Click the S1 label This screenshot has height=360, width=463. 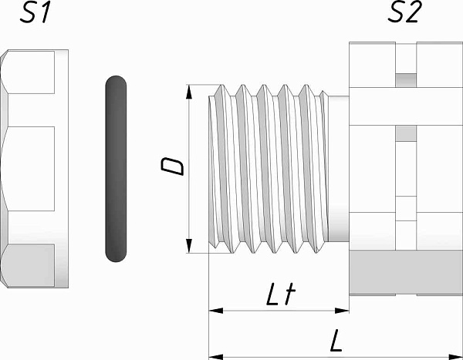point(35,12)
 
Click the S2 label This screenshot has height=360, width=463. point(403,12)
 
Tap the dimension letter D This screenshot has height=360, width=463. point(172,167)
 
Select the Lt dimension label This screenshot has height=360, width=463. point(281,294)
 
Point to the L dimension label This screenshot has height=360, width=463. point(336,341)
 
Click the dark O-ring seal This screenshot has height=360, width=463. point(116,169)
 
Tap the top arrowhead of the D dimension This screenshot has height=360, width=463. point(189,92)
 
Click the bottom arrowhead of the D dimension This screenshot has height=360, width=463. point(189,246)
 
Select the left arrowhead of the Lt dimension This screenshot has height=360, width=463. point(216,311)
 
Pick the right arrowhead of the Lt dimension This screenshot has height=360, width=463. point(342,311)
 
